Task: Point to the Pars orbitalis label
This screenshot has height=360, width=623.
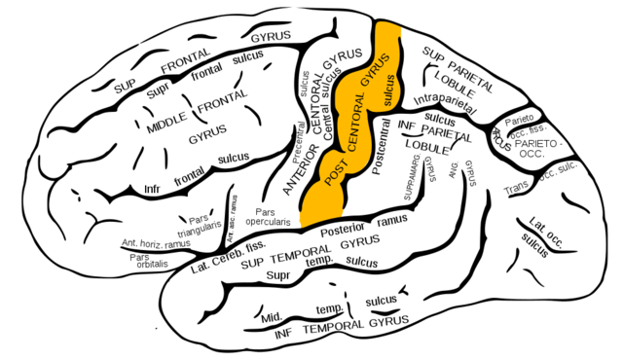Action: point(144,263)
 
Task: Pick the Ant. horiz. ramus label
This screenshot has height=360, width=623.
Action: point(158,243)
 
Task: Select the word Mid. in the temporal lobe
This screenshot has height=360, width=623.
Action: point(273,317)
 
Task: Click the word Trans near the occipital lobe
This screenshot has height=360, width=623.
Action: point(516,186)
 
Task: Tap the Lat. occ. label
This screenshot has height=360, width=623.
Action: point(543,222)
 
